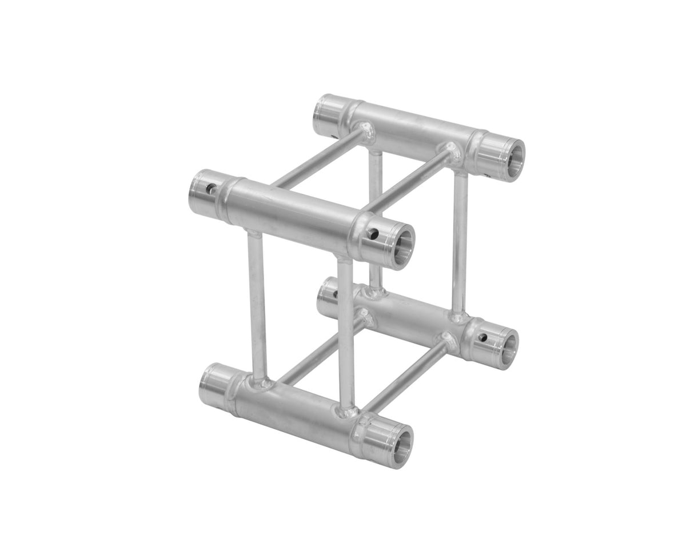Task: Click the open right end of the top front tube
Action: [x=400, y=244]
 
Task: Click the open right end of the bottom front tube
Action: [x=398, y=444]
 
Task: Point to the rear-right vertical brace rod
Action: [x=460, y=240]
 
